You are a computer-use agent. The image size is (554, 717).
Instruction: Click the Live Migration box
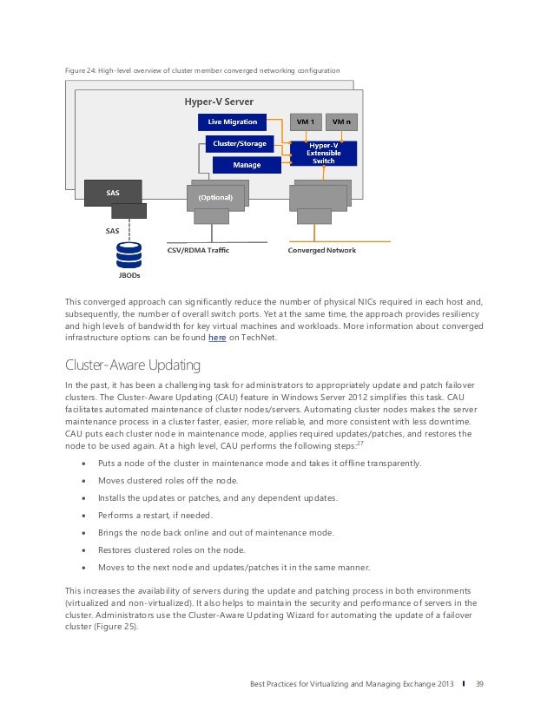pos(232,122)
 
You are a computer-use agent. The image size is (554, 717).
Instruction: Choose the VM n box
pos(343,122)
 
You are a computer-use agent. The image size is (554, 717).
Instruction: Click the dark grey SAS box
pos(113,193)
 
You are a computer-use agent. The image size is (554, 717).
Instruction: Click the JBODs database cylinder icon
pos(129,255)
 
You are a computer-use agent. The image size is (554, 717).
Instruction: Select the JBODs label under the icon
pos(129,275)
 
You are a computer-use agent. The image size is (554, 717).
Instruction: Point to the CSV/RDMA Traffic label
pos(198,250)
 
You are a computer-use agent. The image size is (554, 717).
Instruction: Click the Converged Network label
pos(321,250)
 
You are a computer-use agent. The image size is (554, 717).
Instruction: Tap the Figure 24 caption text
pos(202,69)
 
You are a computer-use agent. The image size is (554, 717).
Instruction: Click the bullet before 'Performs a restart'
pos(83,515)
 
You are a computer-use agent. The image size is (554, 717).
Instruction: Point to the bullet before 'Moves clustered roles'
pos(83,480)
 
